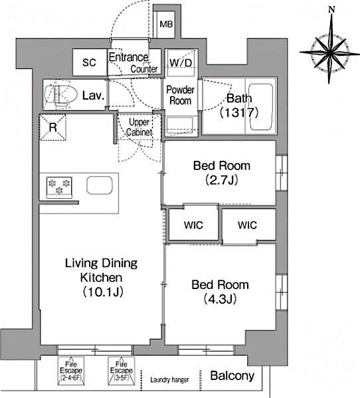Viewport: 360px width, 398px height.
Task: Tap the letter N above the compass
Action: coord(331,9)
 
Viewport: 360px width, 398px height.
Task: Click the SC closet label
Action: coord(90,63)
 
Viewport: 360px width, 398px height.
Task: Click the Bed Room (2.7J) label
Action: coord(220,172)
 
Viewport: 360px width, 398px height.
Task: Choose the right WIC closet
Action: coord(247,225)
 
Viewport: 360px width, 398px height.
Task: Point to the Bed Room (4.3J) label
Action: coord(220,291)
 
